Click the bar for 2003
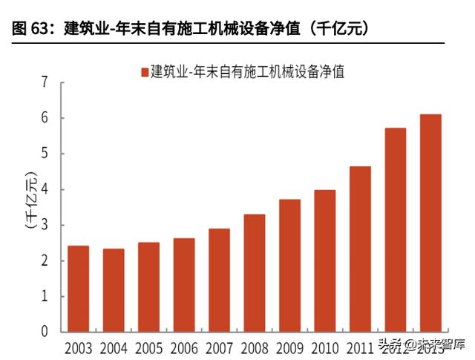click(78, 289)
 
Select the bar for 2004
click(114, 290)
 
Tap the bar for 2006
click(184, 285)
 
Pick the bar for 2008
click(255, 273)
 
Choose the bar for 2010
click(325, 261)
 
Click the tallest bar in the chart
click(430, 223)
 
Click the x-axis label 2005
click(148, 347)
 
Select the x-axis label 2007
click(219, 347)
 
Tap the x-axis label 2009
click(289, 347)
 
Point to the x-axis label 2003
click(78, 347)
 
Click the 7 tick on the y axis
click(45, 82)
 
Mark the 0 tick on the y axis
click(45, 332)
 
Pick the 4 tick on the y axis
click(45, 189)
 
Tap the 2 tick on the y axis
click(45, 261)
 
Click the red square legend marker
click(144, 72)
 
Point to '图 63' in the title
click(30, 29)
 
